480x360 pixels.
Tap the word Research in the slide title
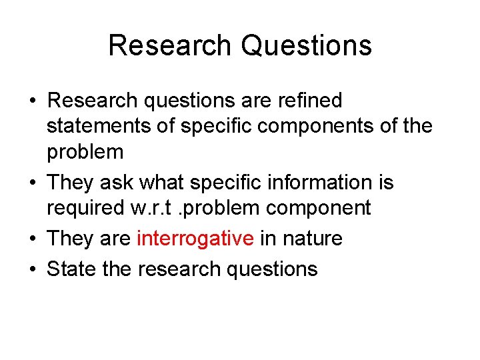pyautogui.click(x=170, y=46)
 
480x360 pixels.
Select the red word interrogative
pyautogui.click(x=195, y=239)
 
